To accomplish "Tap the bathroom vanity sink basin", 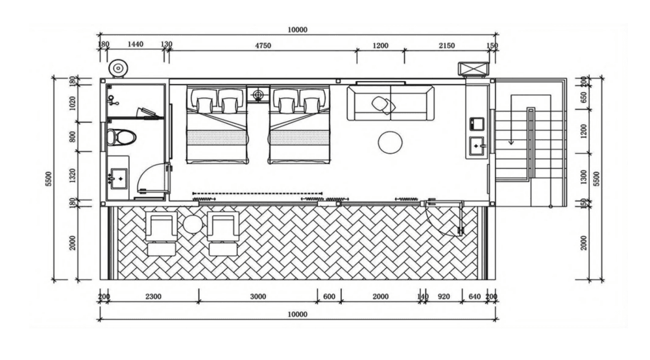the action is [x=119, y=178].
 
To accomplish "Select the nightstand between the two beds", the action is [x=258, y=94].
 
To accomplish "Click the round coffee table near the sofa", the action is [x=390, y=143].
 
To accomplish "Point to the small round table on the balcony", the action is [x=192, y=224].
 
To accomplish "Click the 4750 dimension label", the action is [x=263, y=45].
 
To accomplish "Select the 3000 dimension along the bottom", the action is [x=258, y=296].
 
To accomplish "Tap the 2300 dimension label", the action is [x=153, y=296].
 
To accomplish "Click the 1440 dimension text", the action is [x=135, y=44].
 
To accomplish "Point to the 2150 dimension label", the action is [x=446, y=45].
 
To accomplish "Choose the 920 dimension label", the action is [x=444, y=296].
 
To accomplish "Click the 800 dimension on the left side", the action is [x=73, y=137].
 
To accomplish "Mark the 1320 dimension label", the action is [x=73, y=176].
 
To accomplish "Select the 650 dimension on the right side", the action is [x=584, y=97].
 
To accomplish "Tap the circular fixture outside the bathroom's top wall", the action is [x=118, y=68].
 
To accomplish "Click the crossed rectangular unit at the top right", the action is [x=474, y=68].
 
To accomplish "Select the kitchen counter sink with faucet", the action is [x=476, y=146].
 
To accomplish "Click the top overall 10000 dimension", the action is [x=298, y=30].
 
